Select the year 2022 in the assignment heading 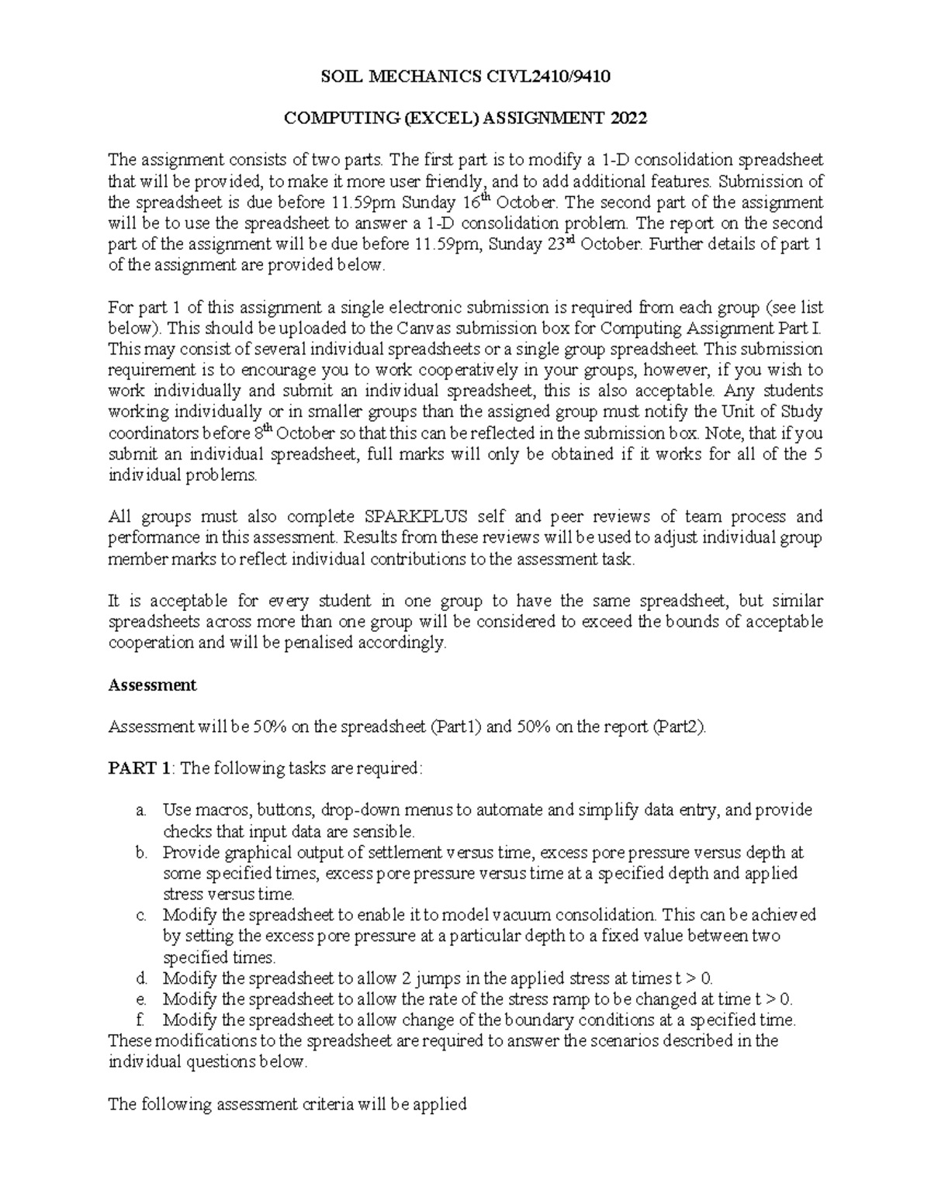click(627, 118)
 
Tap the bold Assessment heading click(152, 685)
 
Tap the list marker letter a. click(140, 810)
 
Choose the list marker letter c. click(140, 915)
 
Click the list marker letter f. click(140, 1019)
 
